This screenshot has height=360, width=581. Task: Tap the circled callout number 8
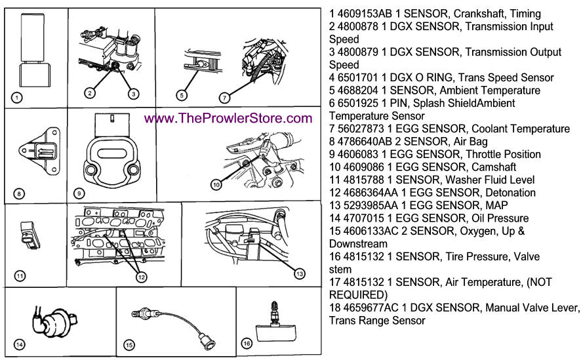(18, 193)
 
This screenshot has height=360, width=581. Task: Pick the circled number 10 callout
(216, 185)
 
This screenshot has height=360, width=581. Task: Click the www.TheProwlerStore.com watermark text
(228, 119)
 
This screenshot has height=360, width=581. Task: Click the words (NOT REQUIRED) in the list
(358, 288)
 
